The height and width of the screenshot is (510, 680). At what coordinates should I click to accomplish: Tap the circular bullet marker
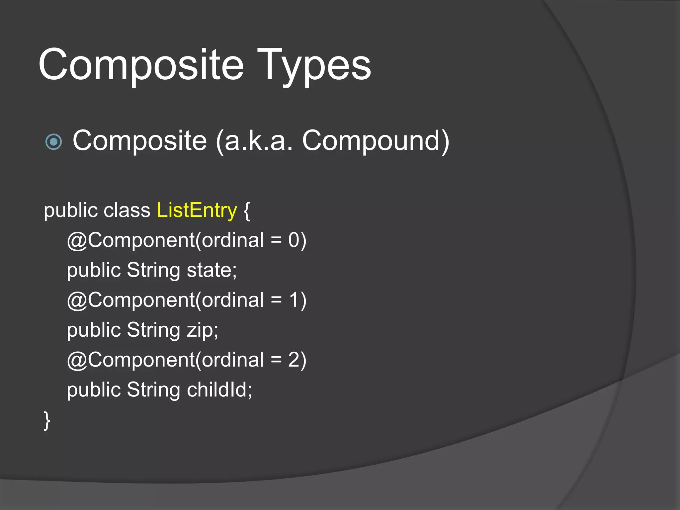(53, 142)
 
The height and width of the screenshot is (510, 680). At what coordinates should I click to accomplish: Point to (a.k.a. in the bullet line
(254, 141)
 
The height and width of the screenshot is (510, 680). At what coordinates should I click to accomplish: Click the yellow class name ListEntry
(197, 211)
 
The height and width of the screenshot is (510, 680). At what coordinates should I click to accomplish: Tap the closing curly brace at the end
(47, 420)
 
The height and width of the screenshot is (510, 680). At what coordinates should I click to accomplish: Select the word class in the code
(127, 211)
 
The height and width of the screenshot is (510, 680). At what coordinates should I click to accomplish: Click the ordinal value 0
(294, 240)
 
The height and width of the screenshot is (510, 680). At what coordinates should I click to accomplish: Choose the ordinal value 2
(294, 360)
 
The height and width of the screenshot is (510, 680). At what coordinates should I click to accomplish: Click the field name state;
(212, 270)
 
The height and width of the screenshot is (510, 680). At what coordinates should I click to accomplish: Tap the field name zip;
(202, 330)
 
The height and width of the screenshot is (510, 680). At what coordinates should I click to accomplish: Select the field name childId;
(219, 390)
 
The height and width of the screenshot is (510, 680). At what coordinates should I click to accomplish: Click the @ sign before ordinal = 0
(77, 241)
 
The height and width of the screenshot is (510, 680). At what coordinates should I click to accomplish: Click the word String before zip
(153, 330)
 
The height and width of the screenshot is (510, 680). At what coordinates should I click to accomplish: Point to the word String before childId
(153, 390)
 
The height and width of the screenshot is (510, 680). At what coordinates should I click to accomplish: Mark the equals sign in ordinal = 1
(276, 300)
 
